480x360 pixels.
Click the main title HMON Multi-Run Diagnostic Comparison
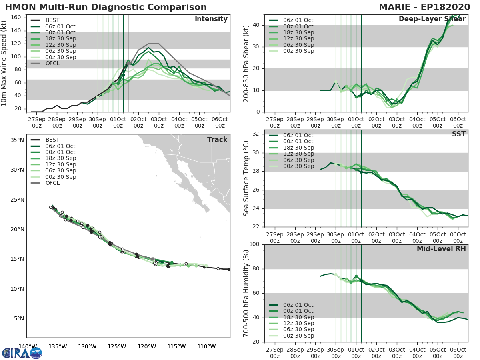106,7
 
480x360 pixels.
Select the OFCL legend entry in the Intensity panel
52,63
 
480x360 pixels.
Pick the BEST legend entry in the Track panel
52,140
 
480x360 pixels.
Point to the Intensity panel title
211,19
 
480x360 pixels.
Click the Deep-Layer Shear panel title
432,19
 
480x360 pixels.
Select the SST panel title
458,134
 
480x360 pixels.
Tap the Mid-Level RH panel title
441,249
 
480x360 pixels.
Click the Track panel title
217,140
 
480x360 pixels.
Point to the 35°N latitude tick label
17,140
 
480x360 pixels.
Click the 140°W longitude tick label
28,346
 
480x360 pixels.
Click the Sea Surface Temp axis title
246,178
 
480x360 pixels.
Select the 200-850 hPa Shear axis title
246,63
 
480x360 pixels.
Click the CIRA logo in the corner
22,353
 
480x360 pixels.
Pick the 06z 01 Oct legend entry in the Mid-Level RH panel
298,305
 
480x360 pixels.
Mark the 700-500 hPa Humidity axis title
246,293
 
